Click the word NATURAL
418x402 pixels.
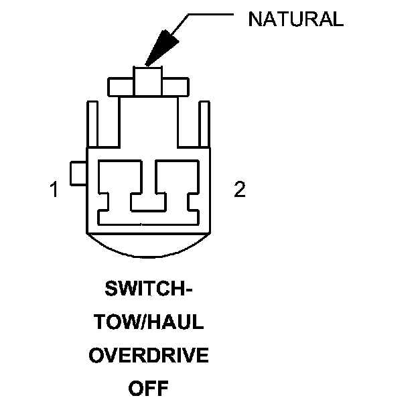click(295, 19)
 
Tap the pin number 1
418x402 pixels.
click(54, 190)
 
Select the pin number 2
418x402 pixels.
click(239, 190)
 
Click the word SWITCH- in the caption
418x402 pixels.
click(148, 291)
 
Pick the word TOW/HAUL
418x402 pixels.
click(148, 323)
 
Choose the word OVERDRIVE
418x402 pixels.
click(148, 355)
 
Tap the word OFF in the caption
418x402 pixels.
click(148, 387)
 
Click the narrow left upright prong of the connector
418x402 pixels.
click(94, 123)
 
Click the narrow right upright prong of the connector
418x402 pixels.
click(203, 123)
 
